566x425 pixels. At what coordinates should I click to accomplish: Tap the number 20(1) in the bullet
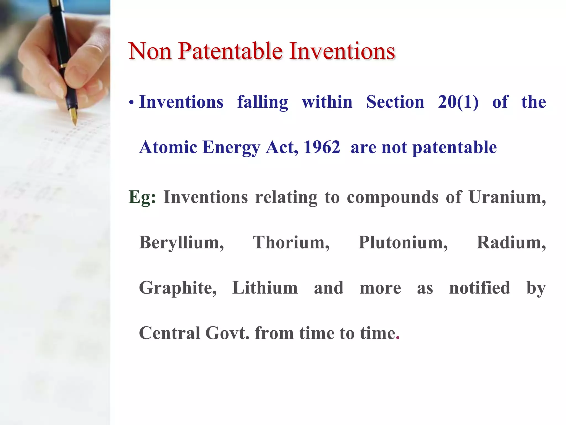(x=458, y=102)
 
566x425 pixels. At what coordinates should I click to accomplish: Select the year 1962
(x=322, y=147)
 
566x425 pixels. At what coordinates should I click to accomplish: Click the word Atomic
(x=168, y=147)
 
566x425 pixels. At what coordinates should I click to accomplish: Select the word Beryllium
(x=181, y=243)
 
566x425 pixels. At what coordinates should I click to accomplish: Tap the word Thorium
(x=291, y=243)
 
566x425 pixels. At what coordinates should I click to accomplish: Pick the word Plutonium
(x=403, y=243)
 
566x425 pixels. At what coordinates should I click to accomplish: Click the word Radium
(x=511, y=243)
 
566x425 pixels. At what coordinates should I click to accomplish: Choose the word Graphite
(x=178, y=288)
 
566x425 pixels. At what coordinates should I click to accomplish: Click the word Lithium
(x=265, y=288)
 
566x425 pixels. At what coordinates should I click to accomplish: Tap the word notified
(x=479, y=288)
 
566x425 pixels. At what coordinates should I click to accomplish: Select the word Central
(x=169, y=333)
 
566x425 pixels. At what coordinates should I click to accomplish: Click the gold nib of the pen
(x=74, y=116)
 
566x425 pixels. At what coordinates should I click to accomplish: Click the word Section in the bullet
(x=395, y=102)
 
